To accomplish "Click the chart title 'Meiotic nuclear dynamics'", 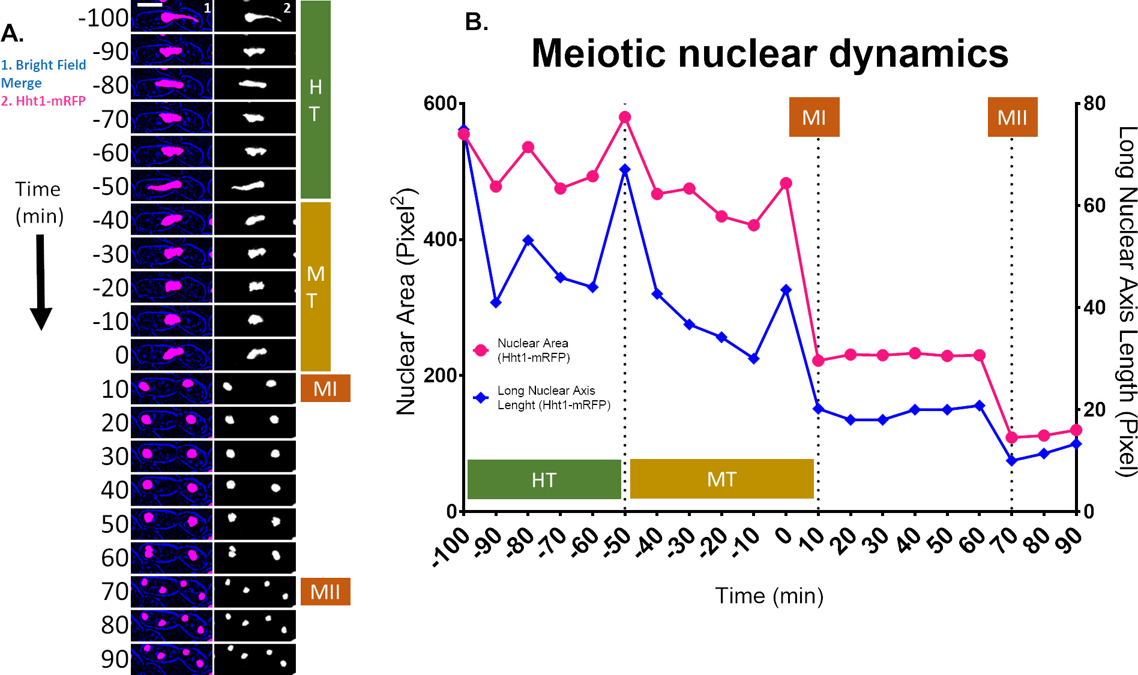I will click(769, 53).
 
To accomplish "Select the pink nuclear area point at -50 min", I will click(625, 117).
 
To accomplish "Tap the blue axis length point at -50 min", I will click(625, 170).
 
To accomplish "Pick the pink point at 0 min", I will click(786, 183).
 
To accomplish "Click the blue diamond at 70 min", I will click(1011, 461).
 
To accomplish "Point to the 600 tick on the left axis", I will click(440, 103).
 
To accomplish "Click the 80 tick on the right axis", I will click(1094, 103).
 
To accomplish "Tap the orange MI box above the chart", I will click(814, 117).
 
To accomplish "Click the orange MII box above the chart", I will click(1013, 117).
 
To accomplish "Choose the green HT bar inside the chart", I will click(544, 479).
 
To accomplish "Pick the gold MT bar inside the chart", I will click(721, 479).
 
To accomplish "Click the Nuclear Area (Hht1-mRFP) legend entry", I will click(533, 350).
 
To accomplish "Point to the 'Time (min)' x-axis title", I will click(769, 596).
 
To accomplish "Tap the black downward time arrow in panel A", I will click(41, 282).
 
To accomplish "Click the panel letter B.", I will click(476, 22).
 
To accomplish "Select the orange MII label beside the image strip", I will click(325, 592).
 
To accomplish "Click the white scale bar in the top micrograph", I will click(149, 5).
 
